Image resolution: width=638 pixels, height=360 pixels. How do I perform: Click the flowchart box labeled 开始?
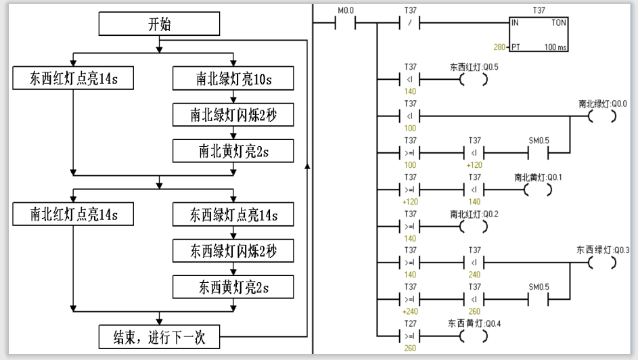point(159,24)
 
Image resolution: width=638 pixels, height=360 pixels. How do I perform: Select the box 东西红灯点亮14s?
point(73,78)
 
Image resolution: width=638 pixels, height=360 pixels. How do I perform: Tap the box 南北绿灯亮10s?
point(233,78)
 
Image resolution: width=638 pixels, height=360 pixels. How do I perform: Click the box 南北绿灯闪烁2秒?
point(233,115)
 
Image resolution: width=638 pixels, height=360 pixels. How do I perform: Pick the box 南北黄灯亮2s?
point(233,151)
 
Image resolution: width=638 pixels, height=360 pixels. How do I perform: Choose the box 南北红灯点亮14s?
point(73,214)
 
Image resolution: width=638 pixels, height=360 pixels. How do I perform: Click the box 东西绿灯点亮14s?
point(233,215)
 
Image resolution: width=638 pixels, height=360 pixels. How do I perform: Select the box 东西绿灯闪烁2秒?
point(233,250)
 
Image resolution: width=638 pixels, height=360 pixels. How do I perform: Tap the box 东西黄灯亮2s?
point(233,287)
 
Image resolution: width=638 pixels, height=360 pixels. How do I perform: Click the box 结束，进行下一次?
point(159,337)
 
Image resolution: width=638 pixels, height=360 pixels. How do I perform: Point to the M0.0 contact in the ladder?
point(346,23)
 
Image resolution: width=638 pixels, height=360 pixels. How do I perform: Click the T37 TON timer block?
point(539,34)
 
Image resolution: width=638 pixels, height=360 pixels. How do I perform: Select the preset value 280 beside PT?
point(499,47)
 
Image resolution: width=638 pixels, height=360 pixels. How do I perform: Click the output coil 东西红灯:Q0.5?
point(473,79)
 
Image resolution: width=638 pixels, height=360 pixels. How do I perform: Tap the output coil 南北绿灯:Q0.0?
point(602,116)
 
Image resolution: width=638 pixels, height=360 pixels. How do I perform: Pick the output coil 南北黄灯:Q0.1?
point(538,189)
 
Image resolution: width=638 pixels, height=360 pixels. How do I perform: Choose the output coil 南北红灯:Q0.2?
point(473,227)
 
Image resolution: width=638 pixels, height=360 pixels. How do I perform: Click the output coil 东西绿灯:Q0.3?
point(602,263)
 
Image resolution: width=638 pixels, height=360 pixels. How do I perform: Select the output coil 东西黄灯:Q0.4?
point(473,336)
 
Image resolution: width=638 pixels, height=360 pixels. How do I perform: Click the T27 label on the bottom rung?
point(410,323)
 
